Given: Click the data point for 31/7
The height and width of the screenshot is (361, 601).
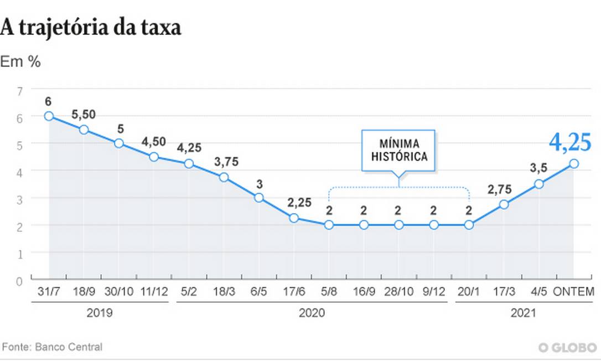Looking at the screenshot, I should point(49,116).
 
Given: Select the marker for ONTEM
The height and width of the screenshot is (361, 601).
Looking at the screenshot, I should point(574,163).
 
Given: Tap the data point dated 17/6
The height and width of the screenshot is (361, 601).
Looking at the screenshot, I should point(294,218).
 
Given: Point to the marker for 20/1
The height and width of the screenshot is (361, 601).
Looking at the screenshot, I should point(469,225).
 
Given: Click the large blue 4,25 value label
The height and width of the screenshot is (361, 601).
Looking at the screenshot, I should point(571,142).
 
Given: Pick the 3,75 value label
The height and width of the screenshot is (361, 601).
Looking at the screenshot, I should point(224,163).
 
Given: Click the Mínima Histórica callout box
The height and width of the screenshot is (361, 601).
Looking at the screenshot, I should point(398,149).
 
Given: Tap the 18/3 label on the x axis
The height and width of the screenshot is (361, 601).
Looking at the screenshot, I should point(224,292).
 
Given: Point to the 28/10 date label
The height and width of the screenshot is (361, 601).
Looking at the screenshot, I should point(398,292).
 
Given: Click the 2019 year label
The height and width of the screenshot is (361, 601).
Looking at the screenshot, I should point(100,313).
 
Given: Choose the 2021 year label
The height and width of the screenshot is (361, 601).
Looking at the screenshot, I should point(522,313).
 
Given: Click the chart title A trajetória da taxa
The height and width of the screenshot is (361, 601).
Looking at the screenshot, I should point(91,27).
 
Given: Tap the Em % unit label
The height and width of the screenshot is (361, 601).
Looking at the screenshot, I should point(20,62).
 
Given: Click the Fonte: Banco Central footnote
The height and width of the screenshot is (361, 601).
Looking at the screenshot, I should point(52,347).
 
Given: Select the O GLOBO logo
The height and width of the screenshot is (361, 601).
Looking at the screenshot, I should point(568,347).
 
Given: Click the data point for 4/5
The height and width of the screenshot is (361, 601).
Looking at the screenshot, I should point(538,184).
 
